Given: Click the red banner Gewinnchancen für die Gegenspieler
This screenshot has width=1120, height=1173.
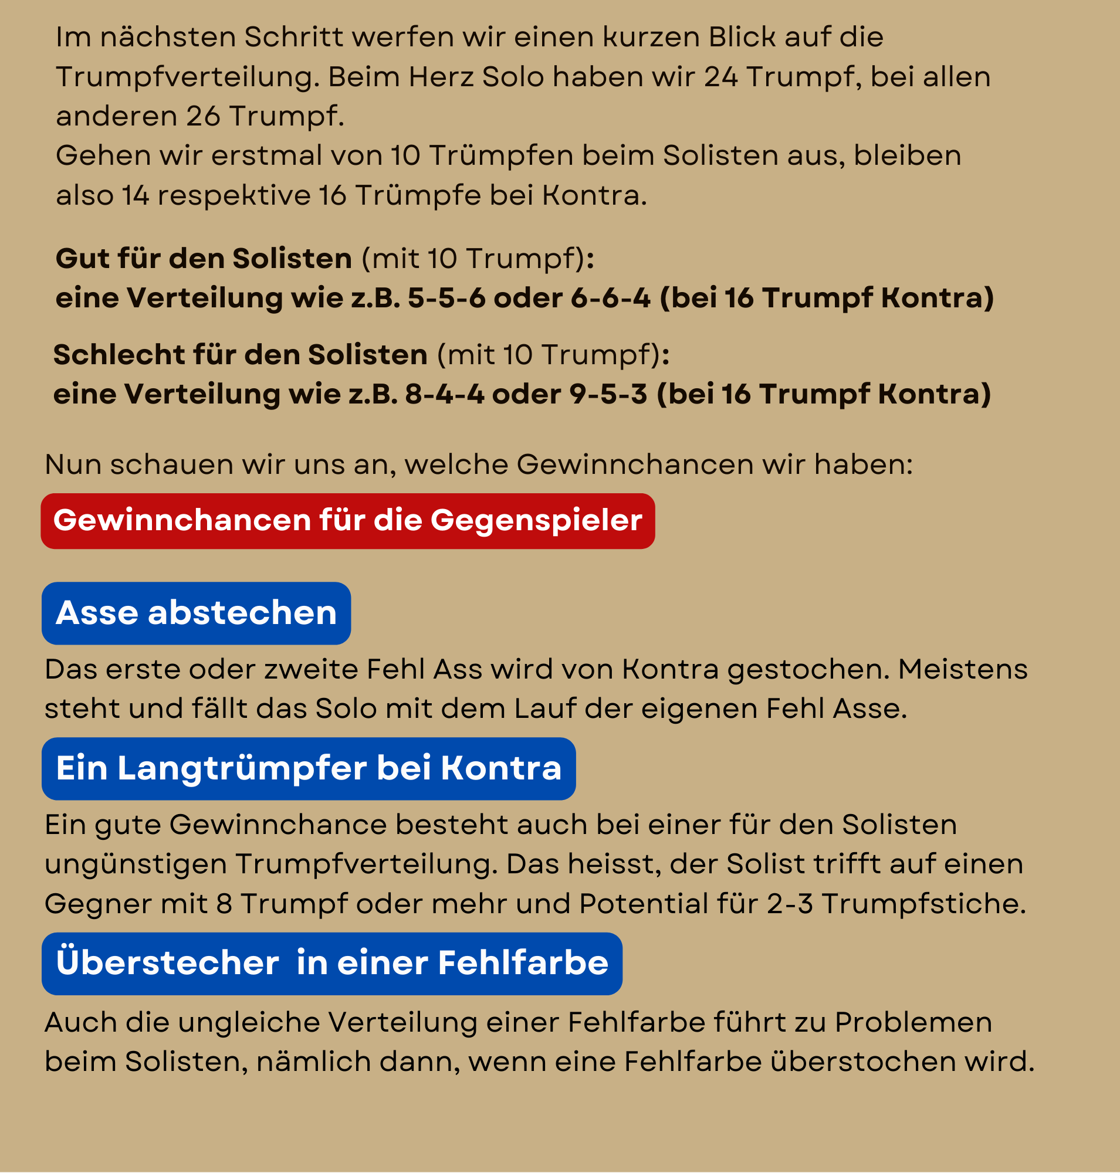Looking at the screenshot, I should click(347, 521).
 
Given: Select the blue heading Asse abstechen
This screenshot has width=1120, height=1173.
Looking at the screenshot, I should click(196, 613).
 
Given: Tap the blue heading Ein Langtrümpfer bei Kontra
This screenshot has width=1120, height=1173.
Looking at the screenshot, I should click(308, 768).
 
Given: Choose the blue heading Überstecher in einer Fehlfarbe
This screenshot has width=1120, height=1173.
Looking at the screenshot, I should click(332, 963).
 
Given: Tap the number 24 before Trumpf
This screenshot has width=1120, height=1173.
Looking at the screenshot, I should click(720, 77).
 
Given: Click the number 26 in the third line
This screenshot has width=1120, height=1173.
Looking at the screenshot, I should click(203, 116).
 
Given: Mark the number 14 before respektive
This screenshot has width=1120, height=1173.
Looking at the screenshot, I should click(136, 196).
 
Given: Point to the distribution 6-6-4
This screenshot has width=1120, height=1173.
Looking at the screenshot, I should click(610, 298).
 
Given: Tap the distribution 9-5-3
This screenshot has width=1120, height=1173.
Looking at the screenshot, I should click(608, 395).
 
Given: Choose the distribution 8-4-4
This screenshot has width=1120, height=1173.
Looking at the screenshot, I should click(444, 395).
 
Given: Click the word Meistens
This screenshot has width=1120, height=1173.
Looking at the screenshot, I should click(962, 670).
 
